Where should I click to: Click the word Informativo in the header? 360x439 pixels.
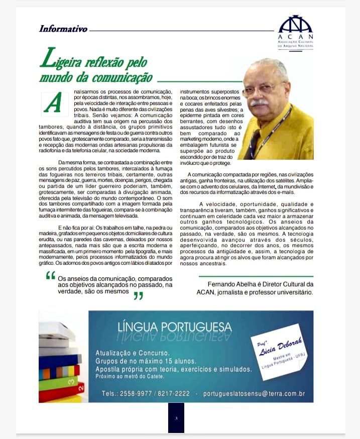pos(63,29)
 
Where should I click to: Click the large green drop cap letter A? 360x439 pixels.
pos(54,103)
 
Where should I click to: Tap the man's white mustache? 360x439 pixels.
pos(260,102)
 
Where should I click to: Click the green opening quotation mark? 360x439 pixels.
pos(50,275)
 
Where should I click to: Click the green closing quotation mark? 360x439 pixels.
pos(138,295)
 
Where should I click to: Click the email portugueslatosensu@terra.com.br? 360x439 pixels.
pos(254,393)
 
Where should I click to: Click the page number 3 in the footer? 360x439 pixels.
pos(176,418)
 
